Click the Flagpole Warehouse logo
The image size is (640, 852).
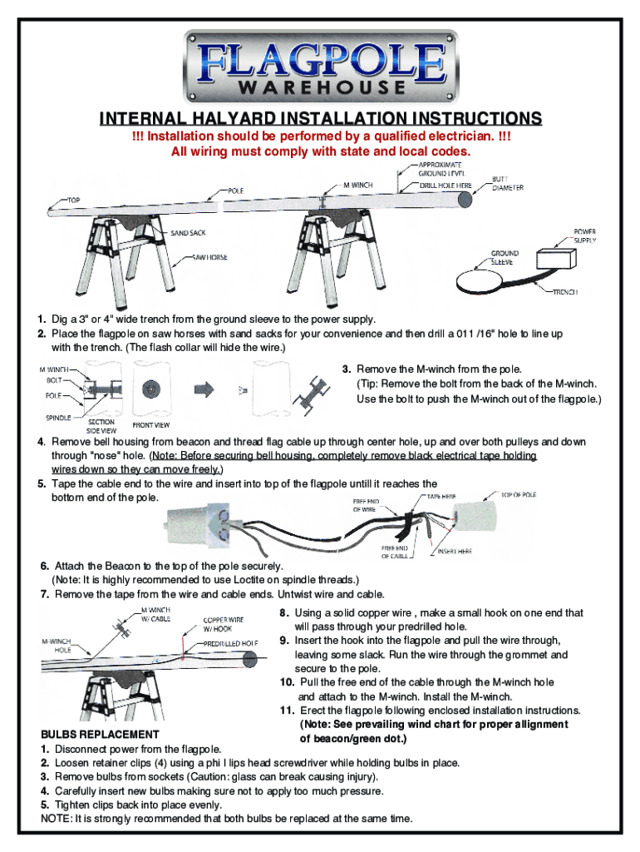[320, 66]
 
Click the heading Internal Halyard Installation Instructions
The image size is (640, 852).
[320, 119]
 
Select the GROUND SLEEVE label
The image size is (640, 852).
[505, 257]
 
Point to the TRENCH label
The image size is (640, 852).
[564, 291]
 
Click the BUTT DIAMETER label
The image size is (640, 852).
[507, 183]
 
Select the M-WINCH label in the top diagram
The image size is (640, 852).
[358, 185]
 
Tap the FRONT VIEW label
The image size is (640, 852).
[151, 425]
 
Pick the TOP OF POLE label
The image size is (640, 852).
[518, 495]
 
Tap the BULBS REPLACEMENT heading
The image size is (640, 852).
[100, 735]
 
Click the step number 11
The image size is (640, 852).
[287, 711]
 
